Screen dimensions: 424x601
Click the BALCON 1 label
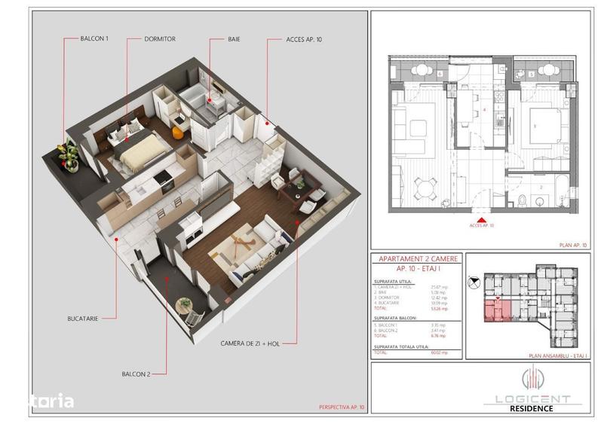tap(94, 38)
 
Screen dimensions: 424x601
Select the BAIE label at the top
tap(235, 38)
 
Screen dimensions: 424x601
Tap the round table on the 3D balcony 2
tap(183, 305)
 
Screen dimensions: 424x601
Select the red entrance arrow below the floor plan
tap(481, 218)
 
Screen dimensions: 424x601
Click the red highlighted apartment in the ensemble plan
tap(495, 310)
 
